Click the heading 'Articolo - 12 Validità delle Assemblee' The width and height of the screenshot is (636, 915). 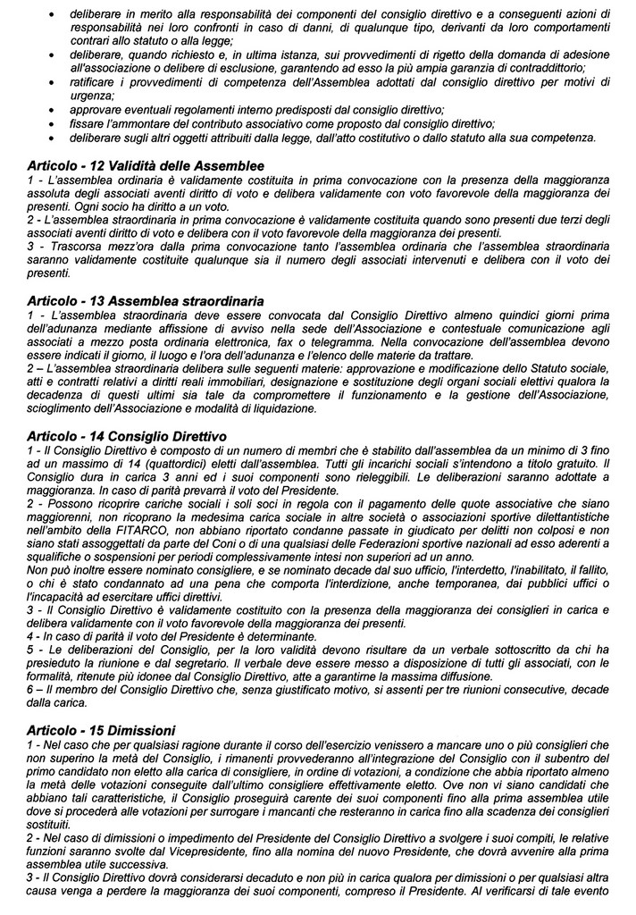point(146,167)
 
